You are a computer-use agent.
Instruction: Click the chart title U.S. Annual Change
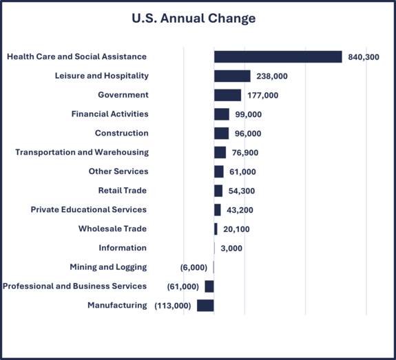(194, 19)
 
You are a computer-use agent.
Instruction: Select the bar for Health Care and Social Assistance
(278, 56)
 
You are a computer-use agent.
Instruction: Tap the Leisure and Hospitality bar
(232, 76)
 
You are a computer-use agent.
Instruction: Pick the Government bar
(227, 95)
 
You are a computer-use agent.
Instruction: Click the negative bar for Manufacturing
(205, 306)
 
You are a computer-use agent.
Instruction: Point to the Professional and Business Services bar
(209, 286)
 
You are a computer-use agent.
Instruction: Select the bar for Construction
(221, 134)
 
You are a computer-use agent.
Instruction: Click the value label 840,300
(364, 57)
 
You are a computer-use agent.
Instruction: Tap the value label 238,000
(272, 76)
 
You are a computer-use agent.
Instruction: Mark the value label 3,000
(231, 248)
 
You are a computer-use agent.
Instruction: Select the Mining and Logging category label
(108, 267)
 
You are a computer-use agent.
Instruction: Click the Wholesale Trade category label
(112, 229)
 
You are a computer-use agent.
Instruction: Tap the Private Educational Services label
(89, 209)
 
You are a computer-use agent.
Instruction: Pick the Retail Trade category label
(122, 191)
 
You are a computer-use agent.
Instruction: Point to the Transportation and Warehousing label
(82, 152)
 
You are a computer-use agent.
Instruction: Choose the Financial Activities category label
(110, 114)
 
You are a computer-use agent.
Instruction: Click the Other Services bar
(218, 171)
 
